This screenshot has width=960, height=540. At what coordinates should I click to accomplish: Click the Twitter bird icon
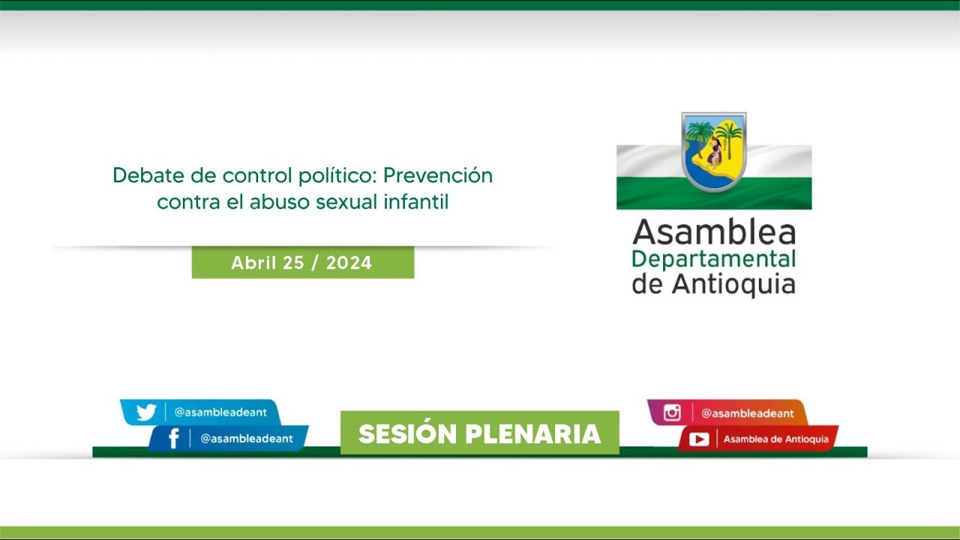(x=145, y=412)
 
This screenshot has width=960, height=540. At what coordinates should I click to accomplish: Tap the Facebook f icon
(x=173, y=439)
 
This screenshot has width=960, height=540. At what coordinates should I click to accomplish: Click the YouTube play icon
(x=698, y=439)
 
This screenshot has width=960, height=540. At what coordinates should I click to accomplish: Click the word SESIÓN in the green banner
(x=407, y=434)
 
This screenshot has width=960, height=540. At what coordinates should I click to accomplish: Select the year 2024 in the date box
(x=349, y=263)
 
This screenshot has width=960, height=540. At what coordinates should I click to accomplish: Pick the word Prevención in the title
(x=438, y=175)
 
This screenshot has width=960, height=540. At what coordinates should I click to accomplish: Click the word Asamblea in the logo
(x=713, y=232)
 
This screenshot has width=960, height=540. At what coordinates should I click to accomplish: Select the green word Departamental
(x=713, y=259)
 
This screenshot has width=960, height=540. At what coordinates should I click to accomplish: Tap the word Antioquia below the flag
(x=733, y=284)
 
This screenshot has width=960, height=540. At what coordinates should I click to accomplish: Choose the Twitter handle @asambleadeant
(x=221, y=412)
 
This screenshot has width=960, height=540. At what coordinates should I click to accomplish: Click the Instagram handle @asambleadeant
(x=747, y=413)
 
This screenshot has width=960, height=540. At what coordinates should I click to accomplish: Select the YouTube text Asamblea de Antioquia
(x=775, y=439)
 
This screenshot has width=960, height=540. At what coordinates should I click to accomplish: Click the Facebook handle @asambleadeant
(x=246, y=439)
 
